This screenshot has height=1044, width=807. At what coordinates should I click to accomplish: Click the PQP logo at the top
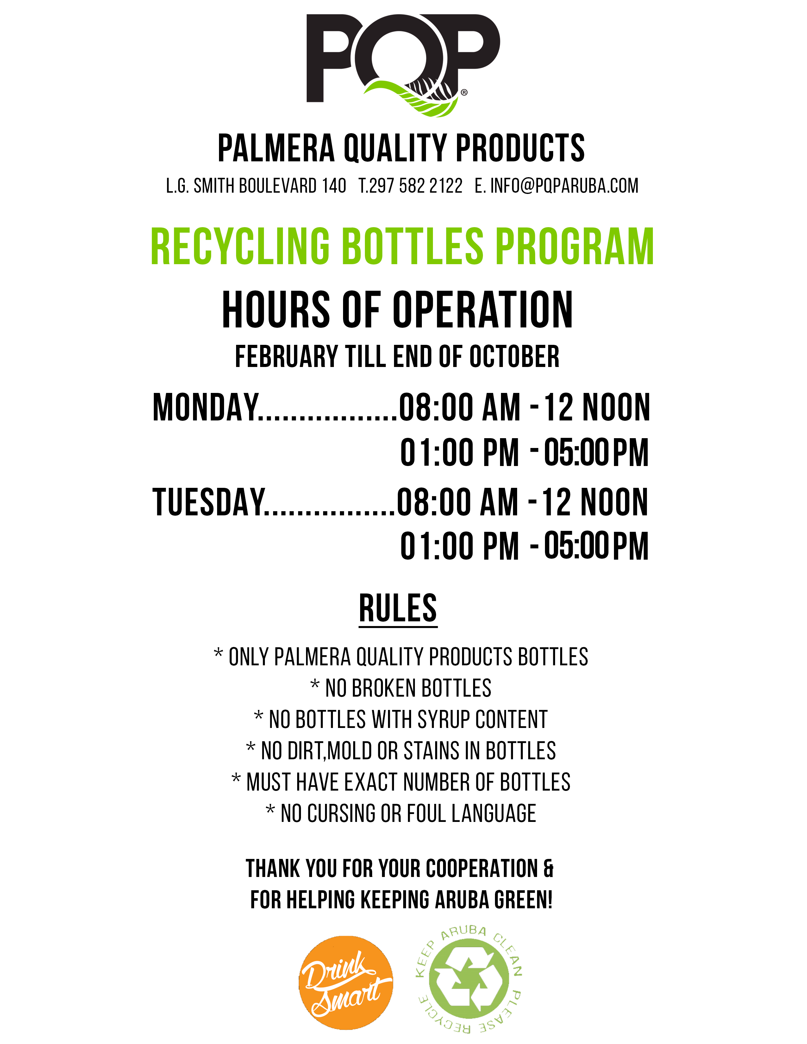403,65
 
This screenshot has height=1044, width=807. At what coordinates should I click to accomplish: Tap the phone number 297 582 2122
416,185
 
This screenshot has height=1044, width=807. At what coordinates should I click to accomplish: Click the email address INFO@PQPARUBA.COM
564,185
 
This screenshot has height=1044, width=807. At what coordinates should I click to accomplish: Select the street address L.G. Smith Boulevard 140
256,185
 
